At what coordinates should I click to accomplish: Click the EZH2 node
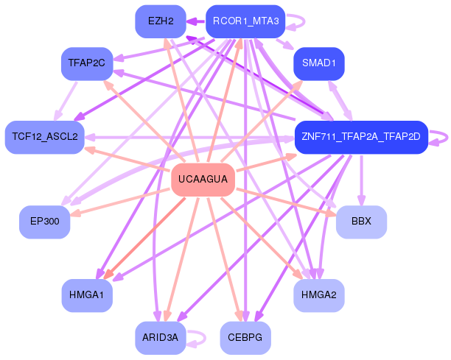click(161, 21)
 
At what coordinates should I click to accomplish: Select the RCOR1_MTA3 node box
click(245, 21)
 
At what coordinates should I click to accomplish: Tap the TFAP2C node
click(87, 63)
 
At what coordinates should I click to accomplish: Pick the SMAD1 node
click(318, 63)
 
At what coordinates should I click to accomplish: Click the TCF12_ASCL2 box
click(44, 137)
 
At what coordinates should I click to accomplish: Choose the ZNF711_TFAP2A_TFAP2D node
click(361, 137)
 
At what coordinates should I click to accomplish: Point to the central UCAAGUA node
click(203, 180)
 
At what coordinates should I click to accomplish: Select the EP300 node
click(44, 222)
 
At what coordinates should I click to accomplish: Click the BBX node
click(361, 222)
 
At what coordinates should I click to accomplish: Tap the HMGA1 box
click(87, 295)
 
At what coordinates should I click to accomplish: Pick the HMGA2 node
click(318, 295)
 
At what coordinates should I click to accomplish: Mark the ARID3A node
click(161, 338)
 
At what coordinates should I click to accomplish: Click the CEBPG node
click(245, 338)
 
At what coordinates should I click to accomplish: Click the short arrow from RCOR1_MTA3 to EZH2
click(196, 21)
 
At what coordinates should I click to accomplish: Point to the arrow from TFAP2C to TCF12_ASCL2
click(66, 102)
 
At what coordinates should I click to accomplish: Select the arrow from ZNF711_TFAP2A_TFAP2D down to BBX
click(361, 180)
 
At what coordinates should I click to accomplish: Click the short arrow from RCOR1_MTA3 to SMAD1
click(285, 43)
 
